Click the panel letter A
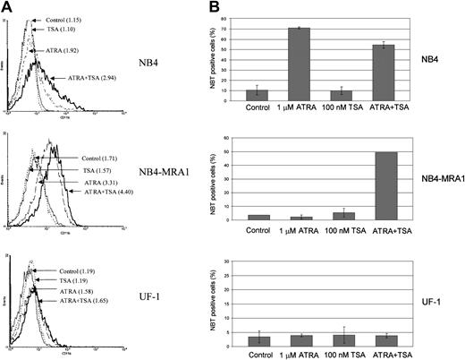click(9, 7)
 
